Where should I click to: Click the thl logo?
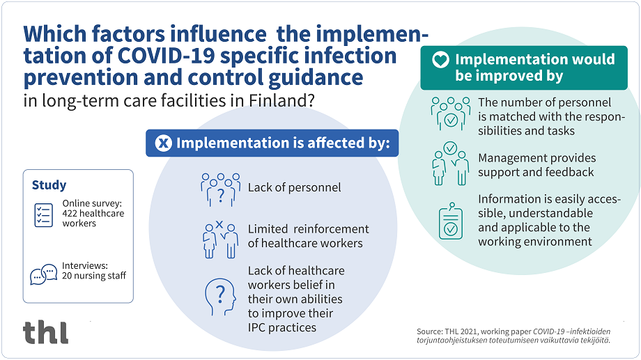pos(46,331)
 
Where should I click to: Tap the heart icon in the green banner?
pos(440,61)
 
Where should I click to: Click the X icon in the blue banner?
pos(164,144)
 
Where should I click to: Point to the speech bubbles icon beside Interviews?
pos(43,274)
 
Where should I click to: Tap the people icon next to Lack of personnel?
pos(220,189)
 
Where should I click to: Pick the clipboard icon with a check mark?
pos(451,222)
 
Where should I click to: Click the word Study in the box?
pos(49,185)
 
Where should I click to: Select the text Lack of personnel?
pos(295,187)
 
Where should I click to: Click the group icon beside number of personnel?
pos(450,113)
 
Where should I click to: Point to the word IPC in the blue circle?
pos(259,327)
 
